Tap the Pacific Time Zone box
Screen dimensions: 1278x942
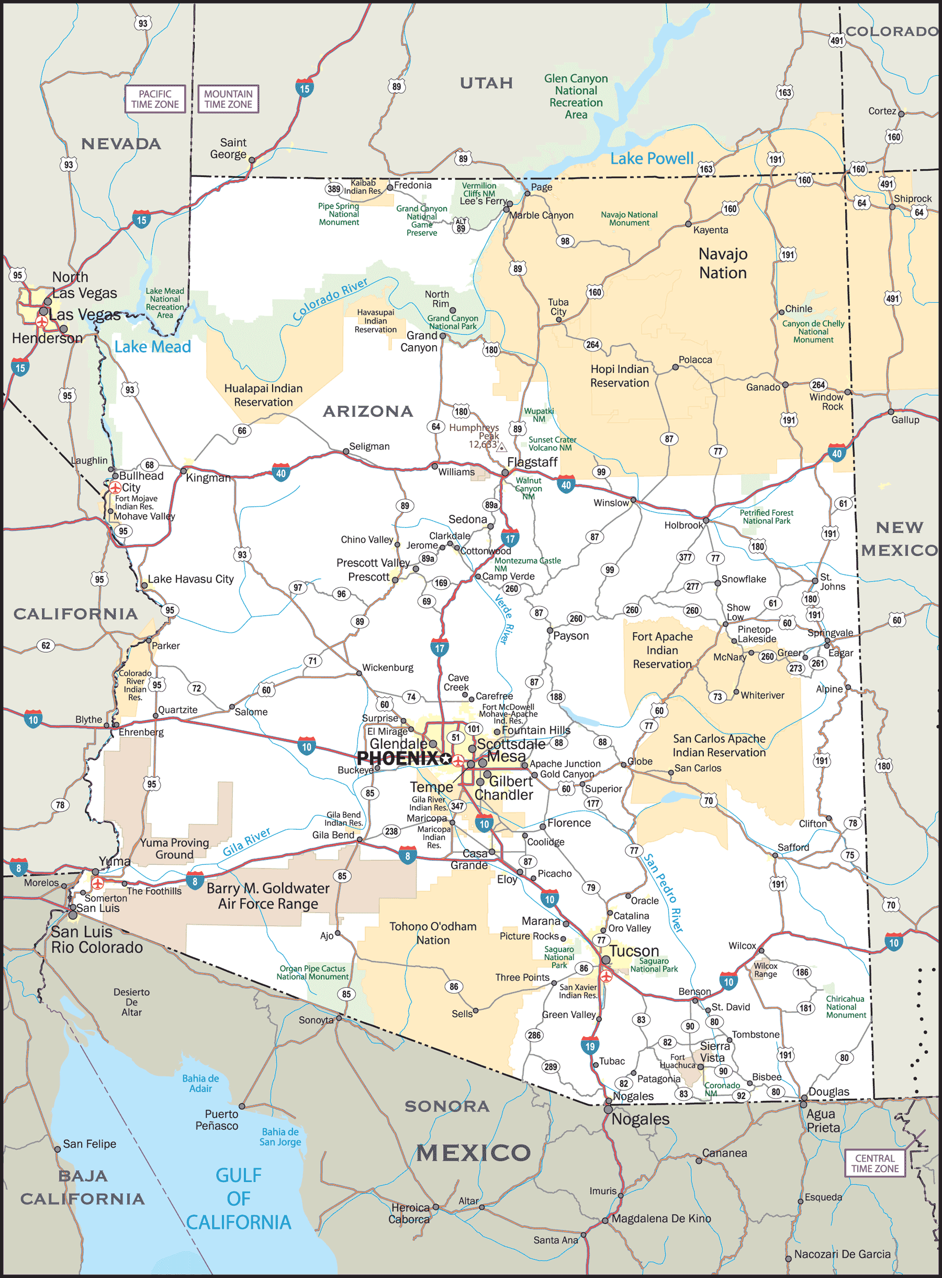[155, 98]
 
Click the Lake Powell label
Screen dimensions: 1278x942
[652, 159]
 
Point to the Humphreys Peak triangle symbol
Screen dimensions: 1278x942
[502, 448]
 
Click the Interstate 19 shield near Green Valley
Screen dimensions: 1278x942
[590, 1046]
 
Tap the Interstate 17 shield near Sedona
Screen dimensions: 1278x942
[510, 537]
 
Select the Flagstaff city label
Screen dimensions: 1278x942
[532, 462]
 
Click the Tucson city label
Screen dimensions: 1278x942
[634, 951]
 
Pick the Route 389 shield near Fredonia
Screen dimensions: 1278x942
[333, 189]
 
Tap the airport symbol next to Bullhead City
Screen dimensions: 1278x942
[115, 488]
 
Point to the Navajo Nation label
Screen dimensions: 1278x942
[723, 263]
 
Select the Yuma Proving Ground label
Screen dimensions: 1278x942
[174, 849]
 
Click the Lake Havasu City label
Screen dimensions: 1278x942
[190, 579]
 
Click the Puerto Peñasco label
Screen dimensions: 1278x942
[217, 1119]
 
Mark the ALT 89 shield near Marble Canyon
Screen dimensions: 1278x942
[461, 225]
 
